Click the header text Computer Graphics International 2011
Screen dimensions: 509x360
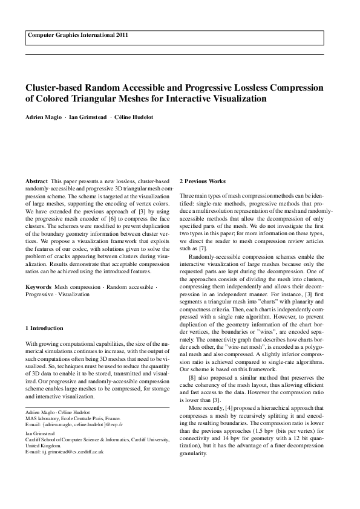coord(76,36)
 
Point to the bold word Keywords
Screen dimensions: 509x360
coord(38,287)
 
